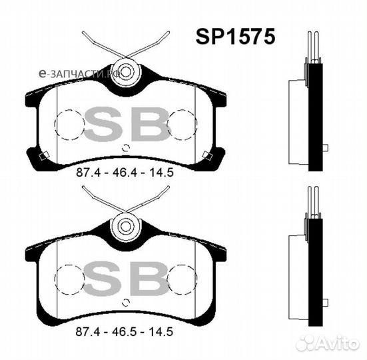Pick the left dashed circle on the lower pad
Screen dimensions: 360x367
67,277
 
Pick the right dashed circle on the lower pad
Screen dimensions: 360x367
183,277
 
